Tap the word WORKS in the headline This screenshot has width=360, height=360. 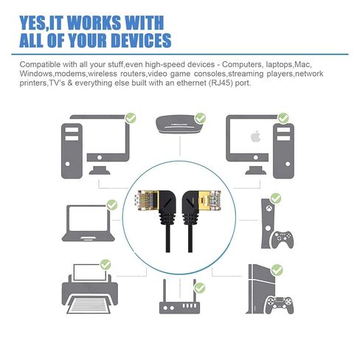[x=94, y=23]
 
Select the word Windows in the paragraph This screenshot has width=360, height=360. [x=36, y=74]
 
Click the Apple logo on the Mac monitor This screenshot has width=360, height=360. [x=256, y=136]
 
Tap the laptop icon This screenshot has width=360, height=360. [x=89, y=223]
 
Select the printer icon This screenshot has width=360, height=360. [x=90, y=289]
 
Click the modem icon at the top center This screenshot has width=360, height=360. [x=179, y=125]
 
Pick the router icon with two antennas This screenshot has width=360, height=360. [x=179, y=297]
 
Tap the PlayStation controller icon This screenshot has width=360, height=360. [x=280, y=305]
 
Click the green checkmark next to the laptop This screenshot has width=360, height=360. [x=112, y=205]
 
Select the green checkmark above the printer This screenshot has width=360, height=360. [x=105, y=265]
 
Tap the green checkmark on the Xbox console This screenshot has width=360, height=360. [x=276, y=198]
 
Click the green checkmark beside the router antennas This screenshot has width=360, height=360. [x=199, y=288]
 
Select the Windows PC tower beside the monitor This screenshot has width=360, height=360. [x=72, y=151]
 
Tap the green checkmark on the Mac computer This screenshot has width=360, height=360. [x=283, y=118]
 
